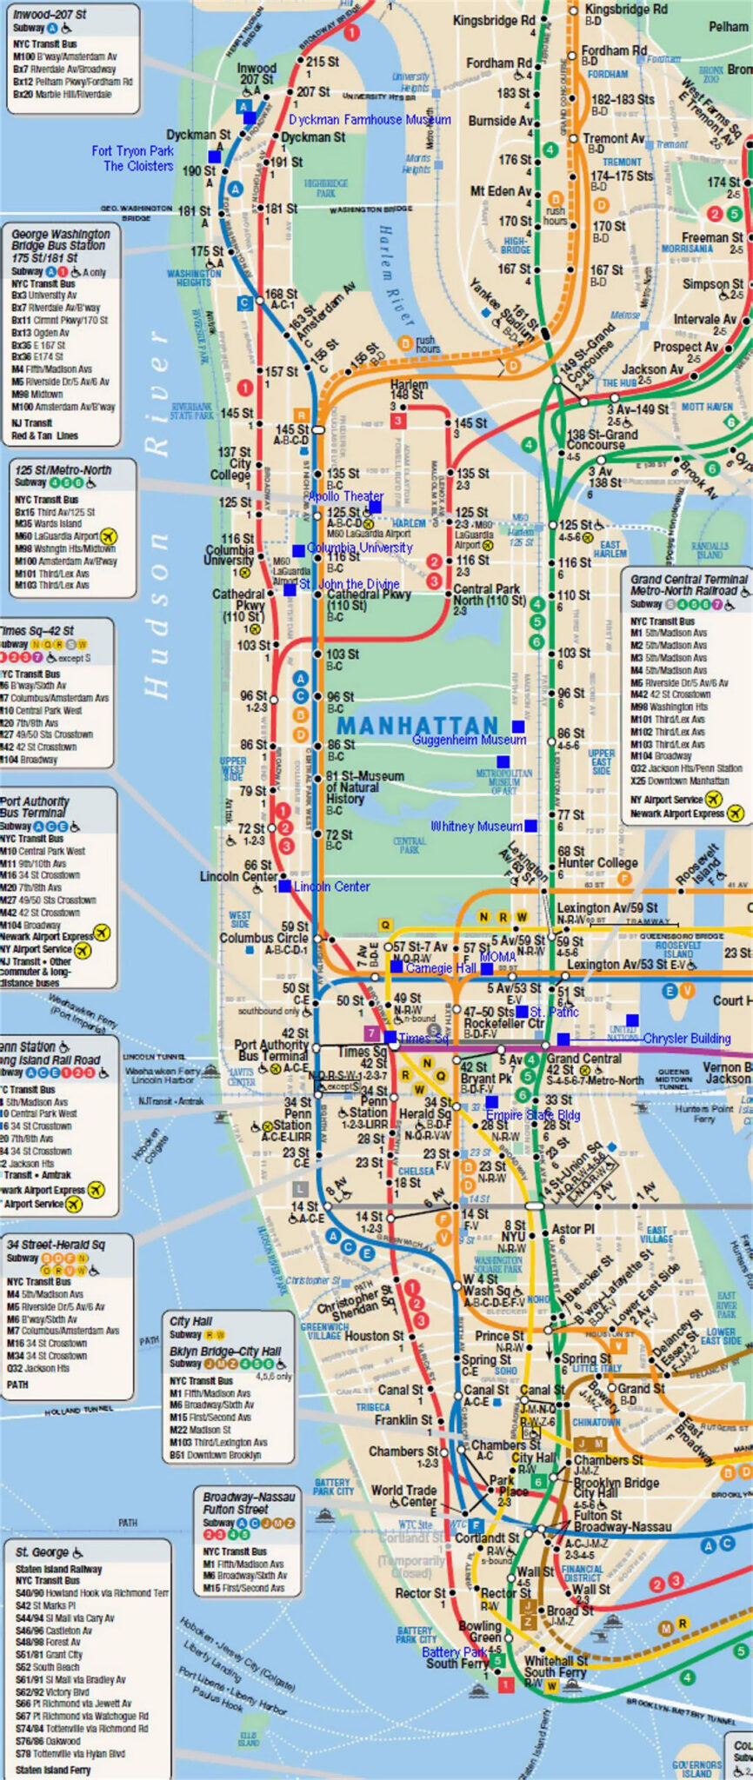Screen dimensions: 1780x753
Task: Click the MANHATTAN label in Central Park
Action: [417, 725]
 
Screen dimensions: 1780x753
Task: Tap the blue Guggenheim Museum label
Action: [469, 740]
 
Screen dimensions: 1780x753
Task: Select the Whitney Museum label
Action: [476, 826]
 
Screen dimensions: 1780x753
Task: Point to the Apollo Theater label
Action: [345, 496]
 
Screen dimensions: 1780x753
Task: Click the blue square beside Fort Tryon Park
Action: [214, 156]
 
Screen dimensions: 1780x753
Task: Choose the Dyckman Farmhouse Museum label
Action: [370, 120]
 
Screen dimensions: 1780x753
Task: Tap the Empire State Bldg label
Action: [532, 1115]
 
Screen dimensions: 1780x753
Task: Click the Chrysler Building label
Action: [686, 1038]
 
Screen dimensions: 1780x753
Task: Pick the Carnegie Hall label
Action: [441, 967]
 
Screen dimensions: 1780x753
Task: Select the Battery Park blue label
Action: [454, 1651]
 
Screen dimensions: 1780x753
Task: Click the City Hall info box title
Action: [190, 1321]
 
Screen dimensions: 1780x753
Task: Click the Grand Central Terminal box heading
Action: [689, 584]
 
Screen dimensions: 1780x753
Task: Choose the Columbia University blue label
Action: [359, 548]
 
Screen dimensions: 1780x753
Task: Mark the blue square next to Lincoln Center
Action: [284, 887]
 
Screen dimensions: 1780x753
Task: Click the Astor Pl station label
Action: [572, 1229]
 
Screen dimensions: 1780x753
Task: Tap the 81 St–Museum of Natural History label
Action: [364, 787]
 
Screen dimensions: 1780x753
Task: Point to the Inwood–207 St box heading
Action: [50, 15]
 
